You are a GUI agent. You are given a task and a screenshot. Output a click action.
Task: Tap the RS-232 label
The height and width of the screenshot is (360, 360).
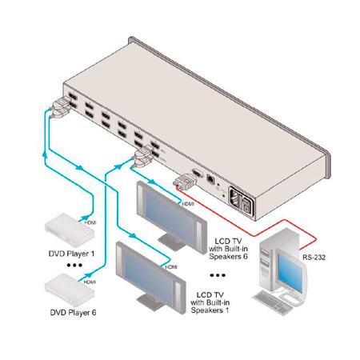click(x=314, y=257)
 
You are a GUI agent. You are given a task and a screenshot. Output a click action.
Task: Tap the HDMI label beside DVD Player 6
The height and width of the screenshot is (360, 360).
click(x=91, y=282)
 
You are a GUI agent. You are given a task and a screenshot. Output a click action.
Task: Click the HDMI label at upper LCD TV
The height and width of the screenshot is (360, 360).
click(x=189, y=204)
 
